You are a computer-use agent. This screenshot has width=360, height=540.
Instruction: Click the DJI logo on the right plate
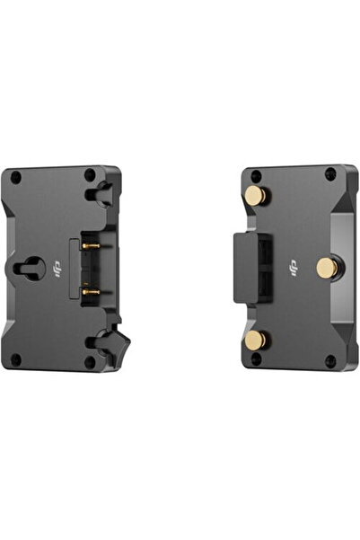[x=294, y=266]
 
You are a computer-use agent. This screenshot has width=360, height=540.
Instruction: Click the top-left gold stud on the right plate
[x=255, y=196]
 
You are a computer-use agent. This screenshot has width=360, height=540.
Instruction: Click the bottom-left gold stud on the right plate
[x=255, y=339]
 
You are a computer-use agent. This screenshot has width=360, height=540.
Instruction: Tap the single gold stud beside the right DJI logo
[x=327, y=266]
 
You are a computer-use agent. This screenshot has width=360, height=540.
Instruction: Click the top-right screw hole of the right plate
[x=329, y=174]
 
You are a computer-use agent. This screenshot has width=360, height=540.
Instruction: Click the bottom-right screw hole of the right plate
[x=329, y=360]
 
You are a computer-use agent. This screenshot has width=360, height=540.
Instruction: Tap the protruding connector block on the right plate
[x=246, y=267]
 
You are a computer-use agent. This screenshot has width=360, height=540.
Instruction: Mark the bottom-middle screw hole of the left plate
[x=89, y=361]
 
